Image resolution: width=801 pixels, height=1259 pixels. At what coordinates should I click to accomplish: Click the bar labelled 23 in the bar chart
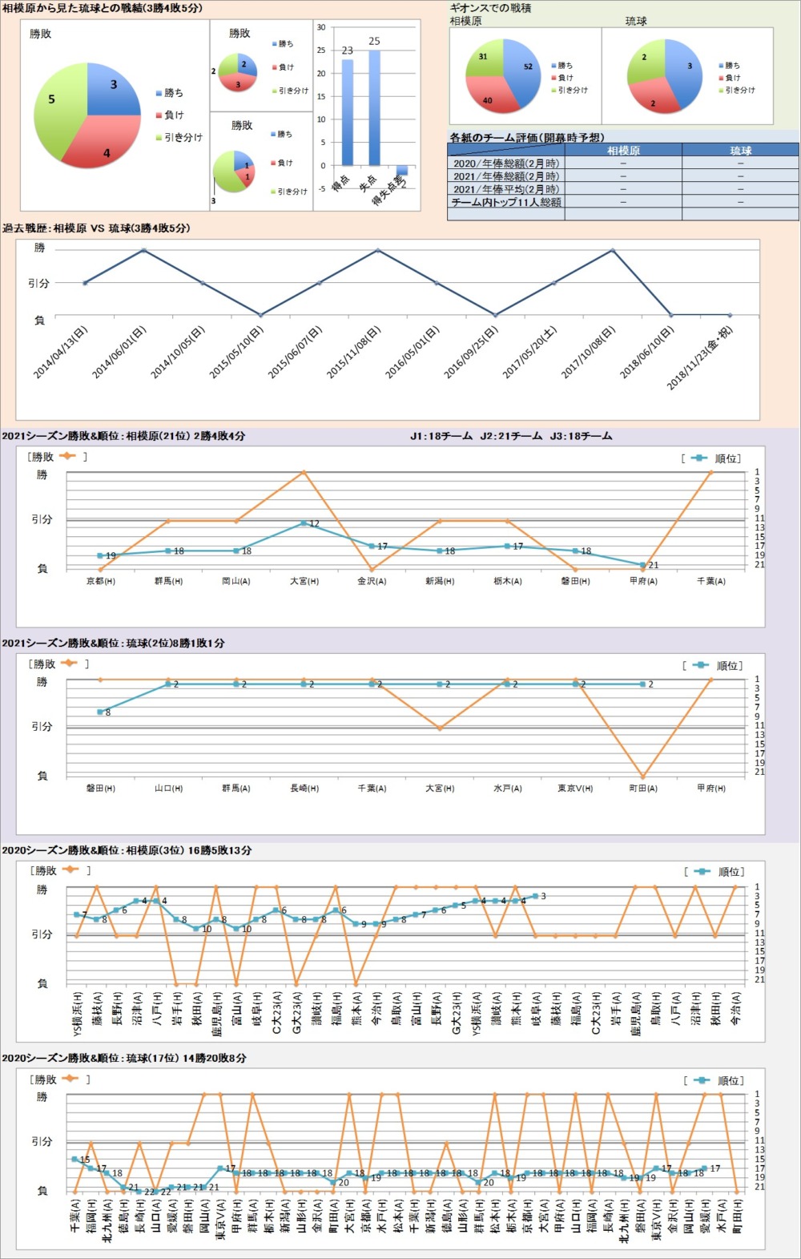[x=347, y=112]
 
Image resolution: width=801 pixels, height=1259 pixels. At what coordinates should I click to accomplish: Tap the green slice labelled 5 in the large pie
[x=56, y=104]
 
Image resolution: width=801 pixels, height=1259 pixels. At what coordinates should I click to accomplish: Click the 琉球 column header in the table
[x=740, y=151]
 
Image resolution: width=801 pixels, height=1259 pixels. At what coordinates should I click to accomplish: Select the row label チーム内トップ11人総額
[x=505, y=203]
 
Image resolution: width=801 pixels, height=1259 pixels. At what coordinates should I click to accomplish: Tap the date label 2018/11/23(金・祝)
[x=699, y=357]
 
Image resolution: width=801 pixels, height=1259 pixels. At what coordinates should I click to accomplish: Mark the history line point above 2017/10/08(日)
[x=613, y=250]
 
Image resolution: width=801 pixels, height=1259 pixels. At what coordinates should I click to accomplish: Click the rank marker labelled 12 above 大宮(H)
[x=304, y=523]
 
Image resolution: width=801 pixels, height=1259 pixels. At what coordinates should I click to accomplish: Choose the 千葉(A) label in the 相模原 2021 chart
[x=711, y=581]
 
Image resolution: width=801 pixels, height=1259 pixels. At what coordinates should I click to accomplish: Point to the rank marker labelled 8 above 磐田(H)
[x=100, y=712]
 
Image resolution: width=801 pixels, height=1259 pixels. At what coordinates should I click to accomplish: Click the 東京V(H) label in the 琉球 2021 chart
[x=575, y=789]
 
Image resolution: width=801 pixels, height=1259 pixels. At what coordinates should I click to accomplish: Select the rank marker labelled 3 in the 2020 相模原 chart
[x=535, y=896]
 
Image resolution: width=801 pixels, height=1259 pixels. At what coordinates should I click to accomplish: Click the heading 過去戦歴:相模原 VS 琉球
[x=96, y=228]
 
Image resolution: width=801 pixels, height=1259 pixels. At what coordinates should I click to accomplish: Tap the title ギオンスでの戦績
[x=491, y=8]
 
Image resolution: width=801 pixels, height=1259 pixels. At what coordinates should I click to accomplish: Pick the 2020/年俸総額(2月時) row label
[x=505, y=163]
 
